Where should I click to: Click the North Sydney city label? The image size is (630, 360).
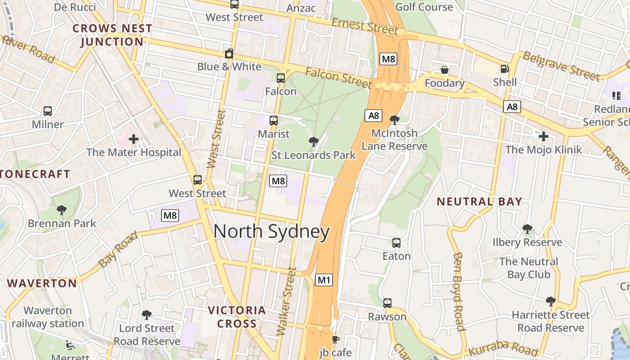[271, 232]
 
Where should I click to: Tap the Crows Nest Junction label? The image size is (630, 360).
[112, 35]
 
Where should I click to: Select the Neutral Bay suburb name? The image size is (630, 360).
[479, 202]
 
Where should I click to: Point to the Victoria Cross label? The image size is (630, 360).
[237, 317]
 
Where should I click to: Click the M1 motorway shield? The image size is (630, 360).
[324, 280]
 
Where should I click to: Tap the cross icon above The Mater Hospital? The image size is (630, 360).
[134, 139]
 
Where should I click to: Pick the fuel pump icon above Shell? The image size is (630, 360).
[504, 69]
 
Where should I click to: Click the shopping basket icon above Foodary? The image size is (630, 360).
[444, 70]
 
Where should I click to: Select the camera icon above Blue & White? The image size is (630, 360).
[229, 54]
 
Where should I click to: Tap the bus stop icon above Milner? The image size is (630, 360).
[48, 111]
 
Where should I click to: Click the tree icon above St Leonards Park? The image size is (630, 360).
[314, 142]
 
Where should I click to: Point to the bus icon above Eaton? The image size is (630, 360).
[396, 243]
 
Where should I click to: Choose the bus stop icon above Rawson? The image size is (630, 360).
[387, 303]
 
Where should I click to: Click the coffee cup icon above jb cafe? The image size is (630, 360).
[335, 339]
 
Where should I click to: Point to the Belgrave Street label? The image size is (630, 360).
[561, 66]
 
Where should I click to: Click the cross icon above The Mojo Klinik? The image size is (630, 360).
[544, 136]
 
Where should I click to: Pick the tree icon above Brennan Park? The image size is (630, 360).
[62, 210]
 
